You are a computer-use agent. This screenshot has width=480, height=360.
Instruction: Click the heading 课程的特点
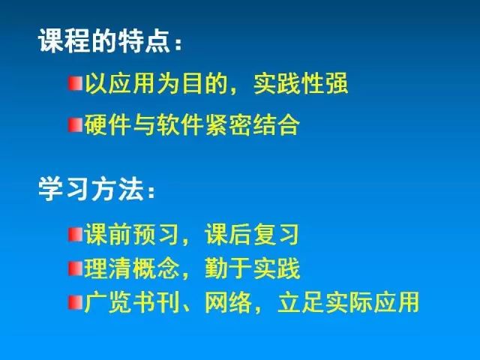tap(104, 40)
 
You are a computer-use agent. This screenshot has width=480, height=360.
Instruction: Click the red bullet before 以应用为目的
tap(75, 83)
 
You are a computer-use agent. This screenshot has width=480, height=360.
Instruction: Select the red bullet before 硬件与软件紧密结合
tap(75, 125)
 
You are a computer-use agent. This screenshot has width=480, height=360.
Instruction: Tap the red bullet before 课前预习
tap(75, 235)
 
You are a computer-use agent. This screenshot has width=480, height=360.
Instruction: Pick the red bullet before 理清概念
tap(75, 268)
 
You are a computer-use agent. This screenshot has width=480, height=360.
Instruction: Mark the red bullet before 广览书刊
tap(75, 302)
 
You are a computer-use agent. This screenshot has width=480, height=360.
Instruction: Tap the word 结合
tap(276, 125)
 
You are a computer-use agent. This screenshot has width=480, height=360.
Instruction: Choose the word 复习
tap(276, 235)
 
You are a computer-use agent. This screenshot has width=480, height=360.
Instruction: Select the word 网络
tap(227, 302)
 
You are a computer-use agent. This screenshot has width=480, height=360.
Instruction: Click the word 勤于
tap(227, 268)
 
